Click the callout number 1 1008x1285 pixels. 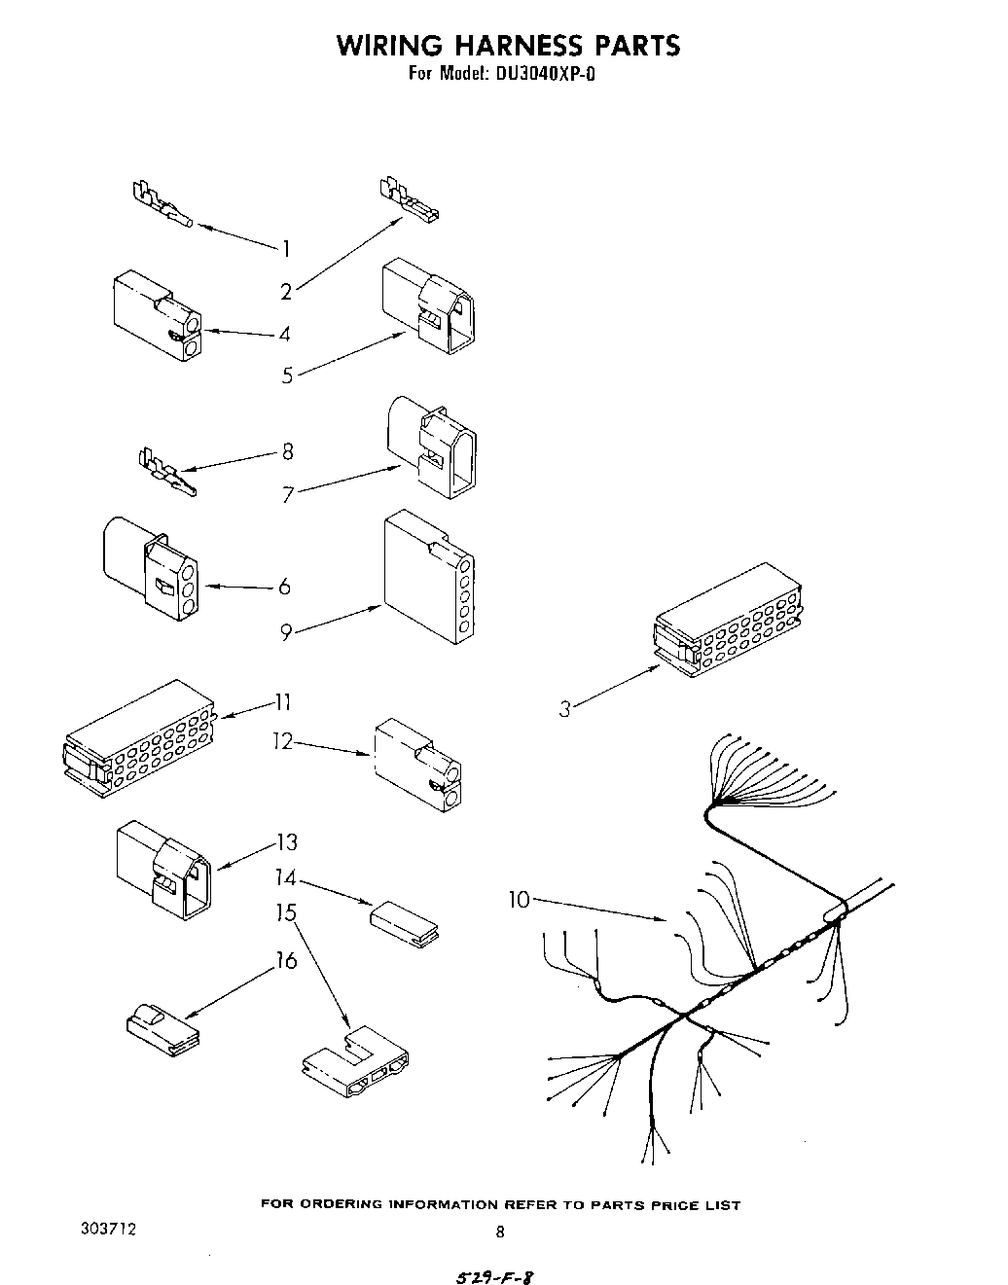click(286, 249)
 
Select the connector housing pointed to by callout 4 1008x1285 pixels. click(157, 316)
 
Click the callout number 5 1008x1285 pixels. click(288, 375)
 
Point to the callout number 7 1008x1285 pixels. click(288, 495)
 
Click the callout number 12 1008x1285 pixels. click(282, 742)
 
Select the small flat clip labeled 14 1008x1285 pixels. click(404, 921)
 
